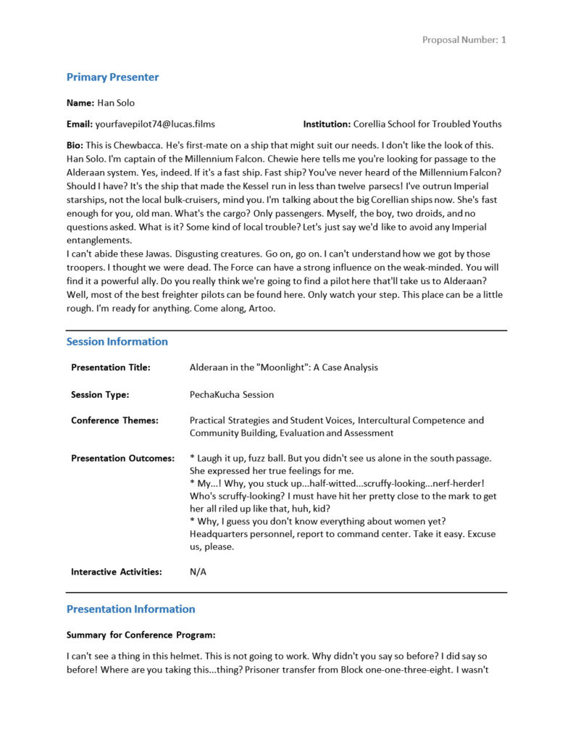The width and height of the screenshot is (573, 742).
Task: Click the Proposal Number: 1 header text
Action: click(464, 40)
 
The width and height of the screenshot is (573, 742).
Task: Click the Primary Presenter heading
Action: click(112, 78)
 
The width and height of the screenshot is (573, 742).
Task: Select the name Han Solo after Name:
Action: click(117, 103)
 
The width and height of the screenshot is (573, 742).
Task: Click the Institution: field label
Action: click(326, 124)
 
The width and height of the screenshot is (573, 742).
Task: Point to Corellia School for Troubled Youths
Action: click(427, 124)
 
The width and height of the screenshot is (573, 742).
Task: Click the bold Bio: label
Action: click(75, 146)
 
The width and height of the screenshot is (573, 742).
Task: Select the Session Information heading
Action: click(117, 341)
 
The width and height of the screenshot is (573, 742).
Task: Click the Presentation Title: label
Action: click(111, 367)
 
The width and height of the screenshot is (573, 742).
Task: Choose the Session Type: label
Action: click(100, 395)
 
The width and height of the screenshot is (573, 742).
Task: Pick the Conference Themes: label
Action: click(114, 420)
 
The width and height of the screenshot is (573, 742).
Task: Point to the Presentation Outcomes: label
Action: click(122, 459)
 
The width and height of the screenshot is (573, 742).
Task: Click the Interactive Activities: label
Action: click(116, 572)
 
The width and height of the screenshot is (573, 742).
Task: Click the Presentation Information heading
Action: click(130, 609)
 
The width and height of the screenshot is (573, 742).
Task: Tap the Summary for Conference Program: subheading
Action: click(141, 635)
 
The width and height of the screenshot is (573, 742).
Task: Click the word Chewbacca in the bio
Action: click(141, 146)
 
